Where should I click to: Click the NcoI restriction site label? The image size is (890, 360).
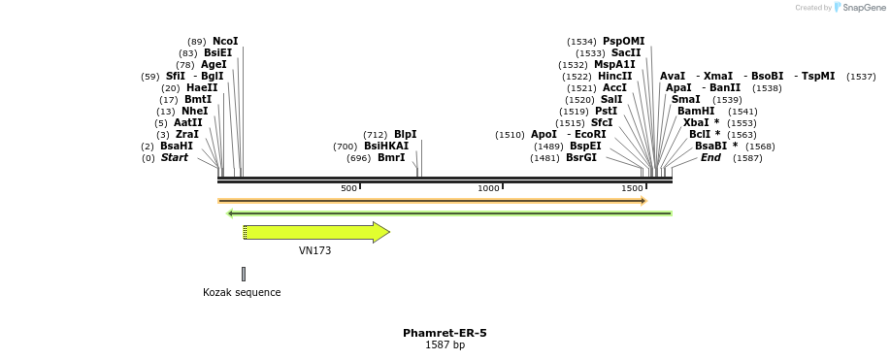click(225, 42)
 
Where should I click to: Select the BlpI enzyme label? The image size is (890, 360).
click(405, 135)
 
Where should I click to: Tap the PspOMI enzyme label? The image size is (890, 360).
click(623, 42)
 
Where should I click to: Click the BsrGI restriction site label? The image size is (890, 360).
click(581, 158)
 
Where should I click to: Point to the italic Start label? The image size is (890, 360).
click(175, 158)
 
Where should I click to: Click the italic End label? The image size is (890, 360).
click(710, 158)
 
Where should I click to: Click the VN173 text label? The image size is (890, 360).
click(314, 251)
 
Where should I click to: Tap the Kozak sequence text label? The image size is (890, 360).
click(242, 293)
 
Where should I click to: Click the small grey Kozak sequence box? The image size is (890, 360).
click(244, 274)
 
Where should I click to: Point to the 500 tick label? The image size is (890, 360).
click(348, 188)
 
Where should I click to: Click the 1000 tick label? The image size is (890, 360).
click(488, 188)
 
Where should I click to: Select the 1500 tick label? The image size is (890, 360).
click(632, 188)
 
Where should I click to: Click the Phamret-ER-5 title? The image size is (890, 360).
click(445, 334)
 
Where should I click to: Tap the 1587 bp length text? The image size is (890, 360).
click(445, 345)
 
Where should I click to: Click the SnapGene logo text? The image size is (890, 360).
click(864, 8)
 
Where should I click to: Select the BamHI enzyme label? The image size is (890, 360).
click(696, 112)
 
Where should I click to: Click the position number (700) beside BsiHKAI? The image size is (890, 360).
click(345, 147)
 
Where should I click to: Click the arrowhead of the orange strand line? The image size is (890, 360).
click(643, 201)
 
